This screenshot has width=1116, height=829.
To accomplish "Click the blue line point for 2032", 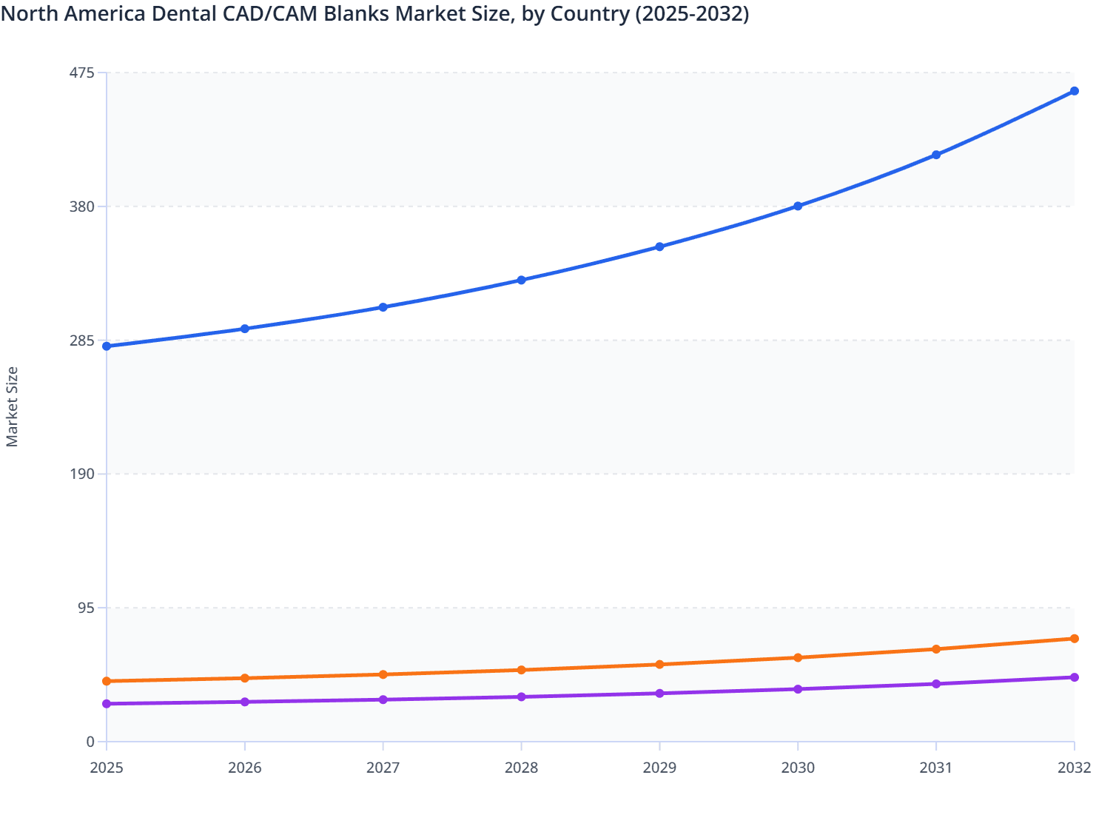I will coord(1074,91).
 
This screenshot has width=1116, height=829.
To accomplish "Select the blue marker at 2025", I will coord(107,346).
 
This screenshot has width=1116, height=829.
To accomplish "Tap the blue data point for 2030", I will coord(798,206).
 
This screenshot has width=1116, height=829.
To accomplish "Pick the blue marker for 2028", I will coord(521,280).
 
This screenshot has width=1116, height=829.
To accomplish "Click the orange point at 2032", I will coord(1074,639).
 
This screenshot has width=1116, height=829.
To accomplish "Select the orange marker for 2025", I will coord(107,681).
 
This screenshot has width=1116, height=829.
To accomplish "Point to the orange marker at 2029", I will coord(659,665).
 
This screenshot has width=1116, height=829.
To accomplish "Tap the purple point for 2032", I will coord(1074,677).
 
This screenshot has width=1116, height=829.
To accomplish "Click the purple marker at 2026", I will coord(245,702).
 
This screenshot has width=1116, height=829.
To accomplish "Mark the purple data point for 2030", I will coord(798,689).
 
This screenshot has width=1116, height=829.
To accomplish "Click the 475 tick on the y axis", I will coord(81,73).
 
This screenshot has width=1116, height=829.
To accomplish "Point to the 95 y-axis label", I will coord(86,608).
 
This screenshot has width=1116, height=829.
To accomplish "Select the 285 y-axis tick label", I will coord(81,340).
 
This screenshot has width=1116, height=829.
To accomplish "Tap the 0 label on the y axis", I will coord(90,742).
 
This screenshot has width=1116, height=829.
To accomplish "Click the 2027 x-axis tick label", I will coord(383,768).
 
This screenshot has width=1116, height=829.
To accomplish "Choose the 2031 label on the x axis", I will coord(935,768).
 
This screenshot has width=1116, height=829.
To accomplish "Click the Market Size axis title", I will coord(12,407).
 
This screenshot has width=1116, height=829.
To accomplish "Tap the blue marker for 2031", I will coord(936,155).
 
